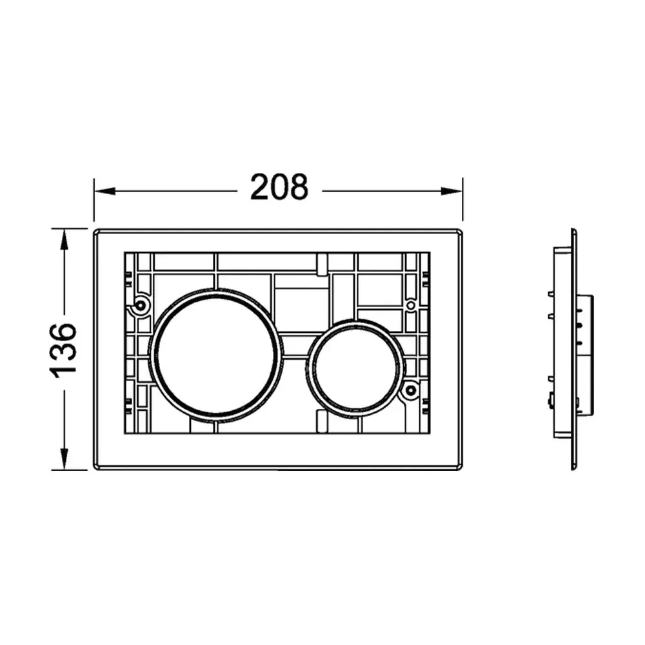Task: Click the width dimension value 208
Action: pyautogui.click(x=279, y=187)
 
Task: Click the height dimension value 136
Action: pyautogui.click(x=63, y=350)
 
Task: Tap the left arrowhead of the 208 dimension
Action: pyautogui.click(x=104, y=192)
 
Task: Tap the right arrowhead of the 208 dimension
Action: pyautogui.click(x=451, y=192)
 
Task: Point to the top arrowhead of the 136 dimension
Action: pyautogui.click(x=64, y=240)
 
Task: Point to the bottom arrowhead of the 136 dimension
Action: pyautogui.click(x=64, y=459)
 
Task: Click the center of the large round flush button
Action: pyautogui.click(x=216, y=356)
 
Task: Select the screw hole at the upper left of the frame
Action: pyautogui.click(x=141, y=305)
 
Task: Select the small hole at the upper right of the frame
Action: pyautogui.click(x=410, y=305)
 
